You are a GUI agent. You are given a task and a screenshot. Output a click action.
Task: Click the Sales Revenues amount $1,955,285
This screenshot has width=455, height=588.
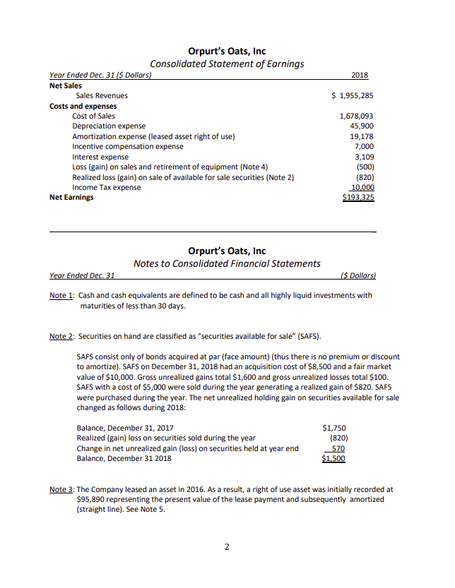353,95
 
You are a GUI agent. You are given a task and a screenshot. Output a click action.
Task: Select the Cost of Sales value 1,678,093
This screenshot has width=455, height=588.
357,116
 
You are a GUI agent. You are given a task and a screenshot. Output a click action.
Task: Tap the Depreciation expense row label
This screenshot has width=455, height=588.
109,126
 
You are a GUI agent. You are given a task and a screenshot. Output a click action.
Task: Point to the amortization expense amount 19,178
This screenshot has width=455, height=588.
362,136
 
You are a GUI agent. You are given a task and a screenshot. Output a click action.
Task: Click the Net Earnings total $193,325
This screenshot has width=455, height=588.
357,198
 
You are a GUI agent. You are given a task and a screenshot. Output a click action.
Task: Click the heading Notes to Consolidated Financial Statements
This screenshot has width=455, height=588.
227,263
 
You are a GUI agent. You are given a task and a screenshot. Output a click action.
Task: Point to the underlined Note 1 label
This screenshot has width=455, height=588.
62,296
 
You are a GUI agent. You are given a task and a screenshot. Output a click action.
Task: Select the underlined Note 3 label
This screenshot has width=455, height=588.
62,488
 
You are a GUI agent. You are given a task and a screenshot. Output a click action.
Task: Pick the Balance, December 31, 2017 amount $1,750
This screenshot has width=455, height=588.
333,428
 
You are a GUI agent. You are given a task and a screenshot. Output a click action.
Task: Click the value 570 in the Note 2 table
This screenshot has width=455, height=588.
338,448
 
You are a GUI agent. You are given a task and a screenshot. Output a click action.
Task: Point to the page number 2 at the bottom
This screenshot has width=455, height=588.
227,546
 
